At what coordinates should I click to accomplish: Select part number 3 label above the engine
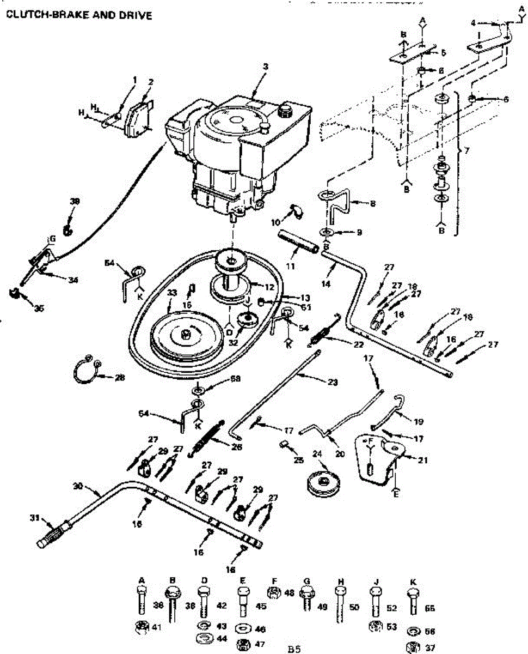click(x=265, y=66)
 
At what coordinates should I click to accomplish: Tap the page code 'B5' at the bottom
click(x=294, y=649)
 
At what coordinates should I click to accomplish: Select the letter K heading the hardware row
click(x=413, y=582)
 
